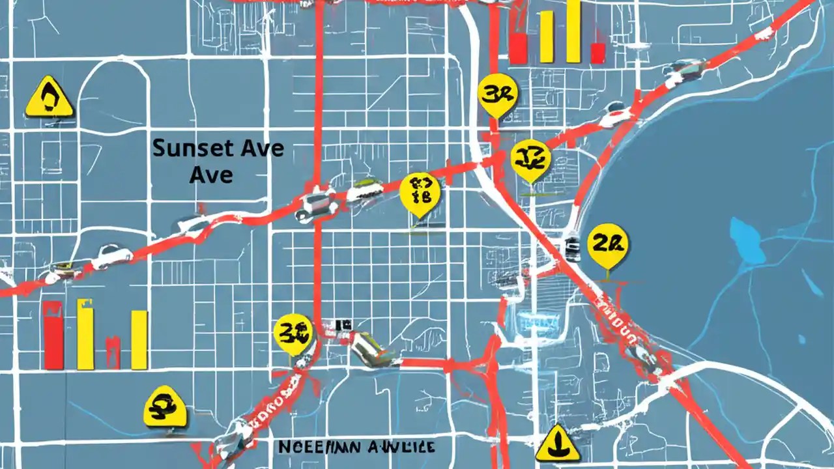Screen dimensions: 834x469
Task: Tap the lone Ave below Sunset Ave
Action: [211, 175]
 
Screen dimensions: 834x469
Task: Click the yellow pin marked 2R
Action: [608, 246]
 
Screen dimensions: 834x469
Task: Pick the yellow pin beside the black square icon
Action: [293, 333]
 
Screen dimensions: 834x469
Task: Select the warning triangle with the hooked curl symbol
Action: [50, 98]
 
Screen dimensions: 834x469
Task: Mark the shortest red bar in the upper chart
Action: [597, 53]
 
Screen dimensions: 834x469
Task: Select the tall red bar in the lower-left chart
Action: [53, 335]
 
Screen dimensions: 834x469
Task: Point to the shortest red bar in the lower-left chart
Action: [113, 353]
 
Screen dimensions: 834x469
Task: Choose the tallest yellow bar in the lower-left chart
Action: [85, 334]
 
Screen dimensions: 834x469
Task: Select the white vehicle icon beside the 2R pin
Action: [573, 248]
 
